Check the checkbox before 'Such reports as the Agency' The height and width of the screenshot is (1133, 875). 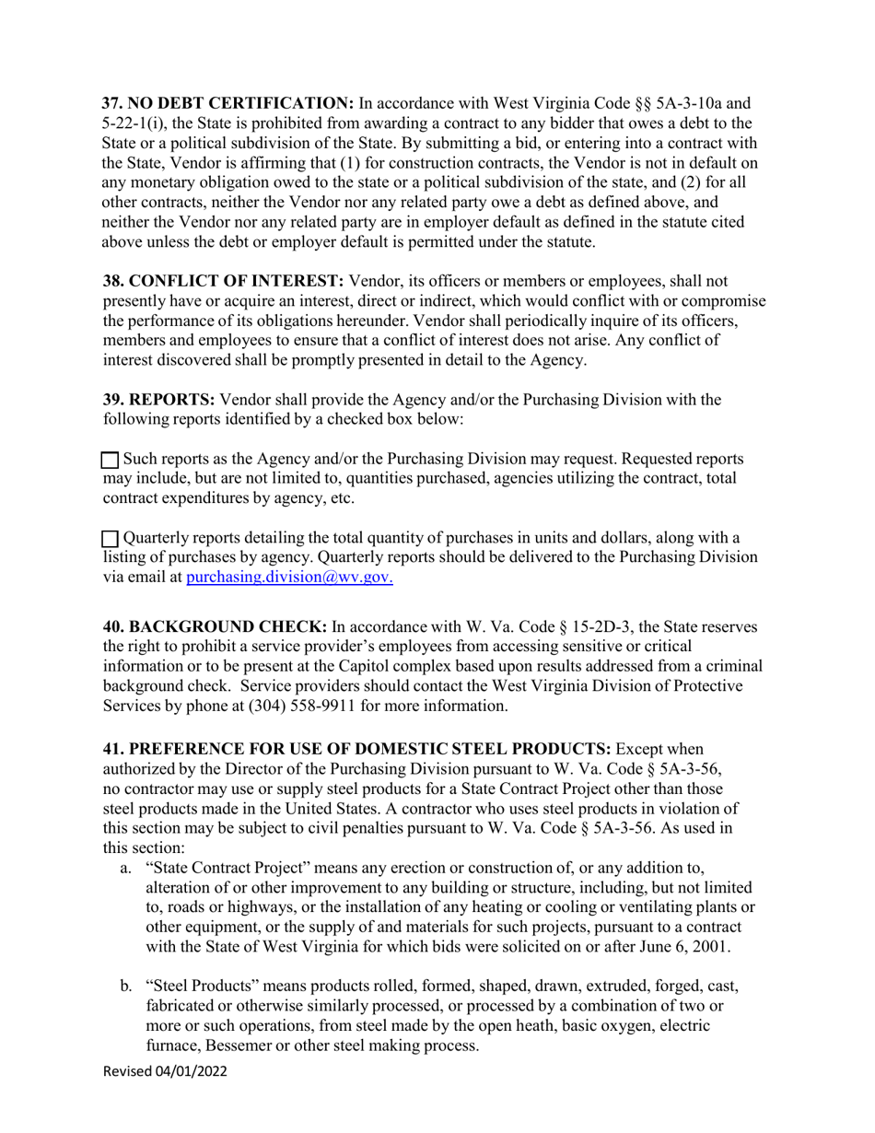tap(110, 460)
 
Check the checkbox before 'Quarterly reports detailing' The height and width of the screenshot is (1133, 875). tap(110, 539)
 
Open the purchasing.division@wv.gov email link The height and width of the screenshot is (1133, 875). tap(290, 578)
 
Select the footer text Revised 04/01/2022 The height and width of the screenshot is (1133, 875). tap(165, 1071)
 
